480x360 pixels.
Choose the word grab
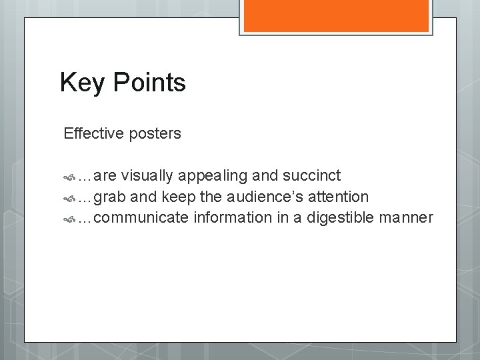tap(112, 197)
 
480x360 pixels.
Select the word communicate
tap(142, 217)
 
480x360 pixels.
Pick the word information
tap(234, 217)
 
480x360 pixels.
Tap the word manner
tap(407, 217)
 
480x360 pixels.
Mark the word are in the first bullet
tap(105, 176)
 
